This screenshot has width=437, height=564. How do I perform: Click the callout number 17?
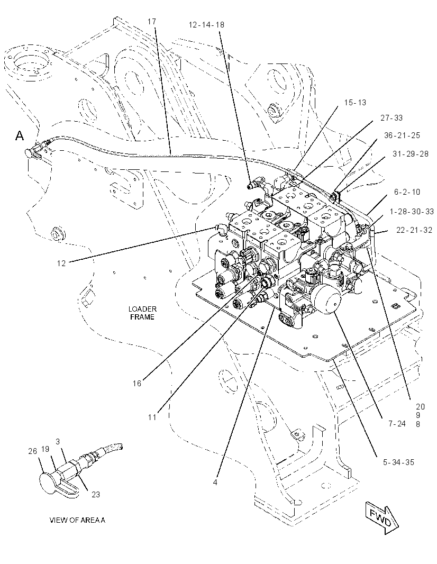[152, 22]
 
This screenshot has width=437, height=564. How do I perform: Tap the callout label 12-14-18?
[206, 24]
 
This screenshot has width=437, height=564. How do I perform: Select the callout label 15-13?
[355, 103]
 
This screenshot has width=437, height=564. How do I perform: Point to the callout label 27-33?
[392, 118]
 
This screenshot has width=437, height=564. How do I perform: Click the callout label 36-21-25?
[402, 135]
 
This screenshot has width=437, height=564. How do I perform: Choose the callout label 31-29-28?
[411, 154]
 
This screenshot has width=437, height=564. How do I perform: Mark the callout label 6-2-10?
[407, 192]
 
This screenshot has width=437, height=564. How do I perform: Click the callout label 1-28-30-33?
[412, 212]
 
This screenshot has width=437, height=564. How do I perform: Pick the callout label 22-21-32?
[414, 230]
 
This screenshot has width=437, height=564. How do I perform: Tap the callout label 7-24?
[397, 424]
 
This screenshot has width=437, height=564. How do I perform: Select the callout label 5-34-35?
[398, 462]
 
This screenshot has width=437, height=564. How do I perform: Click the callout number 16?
[137, 384]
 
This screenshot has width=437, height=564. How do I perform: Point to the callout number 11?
[152, 417]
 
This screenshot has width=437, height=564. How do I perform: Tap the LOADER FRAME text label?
[142, 313]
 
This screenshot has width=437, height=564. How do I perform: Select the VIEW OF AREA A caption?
[77, 520]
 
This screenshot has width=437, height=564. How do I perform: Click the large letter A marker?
[20, 136]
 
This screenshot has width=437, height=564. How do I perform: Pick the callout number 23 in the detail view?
[96, 495]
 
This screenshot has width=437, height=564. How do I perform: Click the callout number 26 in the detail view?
[33, 451]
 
